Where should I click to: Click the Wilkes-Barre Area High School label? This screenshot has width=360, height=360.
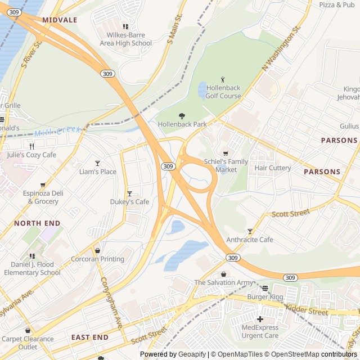tap(125, 39)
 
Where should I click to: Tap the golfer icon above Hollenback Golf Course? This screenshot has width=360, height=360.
tap(223, 79)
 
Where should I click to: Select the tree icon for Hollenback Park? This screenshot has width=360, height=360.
tap(182, 115)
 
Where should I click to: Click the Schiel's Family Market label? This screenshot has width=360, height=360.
tap(226, 165)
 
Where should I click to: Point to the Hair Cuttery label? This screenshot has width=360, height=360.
tap(273, 168)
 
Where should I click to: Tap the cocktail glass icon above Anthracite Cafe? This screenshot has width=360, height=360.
tap(250, 231)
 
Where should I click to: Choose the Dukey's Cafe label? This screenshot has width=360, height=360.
tap(129, 202)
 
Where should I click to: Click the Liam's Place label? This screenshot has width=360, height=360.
tap(97, 172)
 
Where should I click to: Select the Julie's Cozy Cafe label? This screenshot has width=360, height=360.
tap(31, 155)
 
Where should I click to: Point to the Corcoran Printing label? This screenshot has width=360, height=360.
tap(97, 259)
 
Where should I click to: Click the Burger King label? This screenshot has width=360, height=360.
tap(265, 296)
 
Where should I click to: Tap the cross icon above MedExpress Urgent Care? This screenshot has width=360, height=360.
tap(260, 319)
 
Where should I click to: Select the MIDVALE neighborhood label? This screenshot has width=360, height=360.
tap(60, 20)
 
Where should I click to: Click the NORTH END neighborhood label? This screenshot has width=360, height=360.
tap(37, 223)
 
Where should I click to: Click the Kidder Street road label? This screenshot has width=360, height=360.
tap(307, 309)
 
